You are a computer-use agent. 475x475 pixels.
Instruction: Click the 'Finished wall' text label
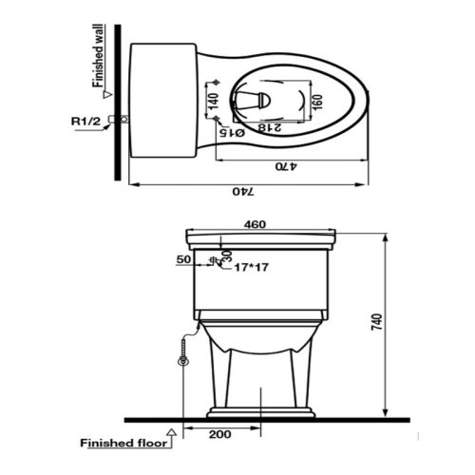pos(98,56)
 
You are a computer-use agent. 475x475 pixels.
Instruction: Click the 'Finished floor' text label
pos(123,443)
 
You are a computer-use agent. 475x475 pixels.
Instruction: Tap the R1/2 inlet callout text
pos(85,121)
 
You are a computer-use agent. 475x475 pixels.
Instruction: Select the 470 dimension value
pos(286,166)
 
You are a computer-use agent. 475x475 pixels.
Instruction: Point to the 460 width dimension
pos(255,224)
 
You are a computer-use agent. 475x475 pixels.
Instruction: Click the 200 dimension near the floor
pos(219,434)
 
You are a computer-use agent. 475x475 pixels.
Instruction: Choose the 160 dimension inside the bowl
pos(317,103)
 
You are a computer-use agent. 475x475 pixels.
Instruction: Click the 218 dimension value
pos(270,127)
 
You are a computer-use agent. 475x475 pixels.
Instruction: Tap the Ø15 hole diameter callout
pos(232,133)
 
